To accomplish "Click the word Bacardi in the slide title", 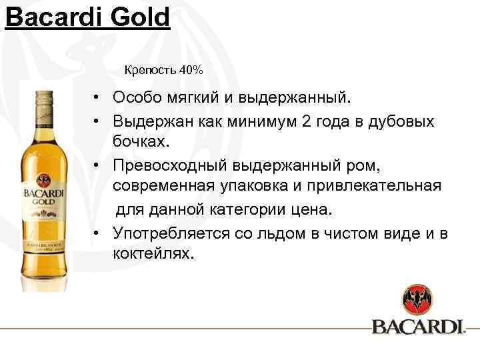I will [x=52, y=17].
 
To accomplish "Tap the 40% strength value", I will [x=191, y=70].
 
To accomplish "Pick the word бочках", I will [x=141, y=141].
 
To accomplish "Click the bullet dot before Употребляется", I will [x=97, y=233].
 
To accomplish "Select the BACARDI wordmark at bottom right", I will [x=417, y=327].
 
